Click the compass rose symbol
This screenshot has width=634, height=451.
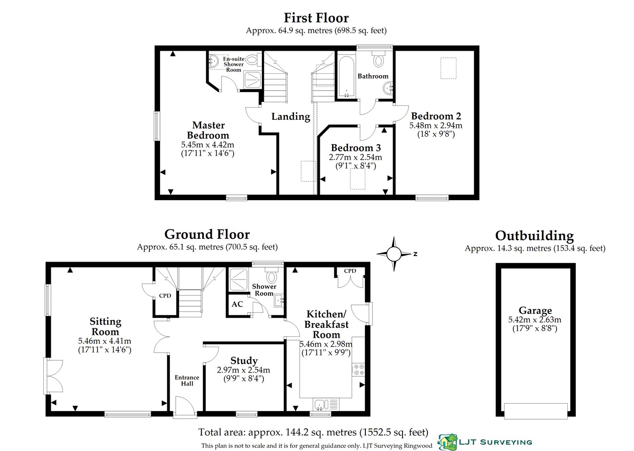[394, 254]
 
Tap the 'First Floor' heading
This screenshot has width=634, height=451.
[316, 18]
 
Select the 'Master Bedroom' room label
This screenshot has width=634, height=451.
[208, 130]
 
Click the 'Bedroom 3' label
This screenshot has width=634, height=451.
[356, 148]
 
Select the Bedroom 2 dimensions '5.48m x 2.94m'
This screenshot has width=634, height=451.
[435, 125]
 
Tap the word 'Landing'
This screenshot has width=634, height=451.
[291, 117]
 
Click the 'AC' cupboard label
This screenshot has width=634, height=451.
[237, 304]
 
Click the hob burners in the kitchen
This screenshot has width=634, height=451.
[358, 370]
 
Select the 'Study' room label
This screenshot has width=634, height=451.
[244, 360]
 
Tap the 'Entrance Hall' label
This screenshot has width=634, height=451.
[187, 381]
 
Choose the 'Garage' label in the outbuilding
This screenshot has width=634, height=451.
[535, 311]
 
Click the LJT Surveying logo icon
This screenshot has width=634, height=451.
[447, 442]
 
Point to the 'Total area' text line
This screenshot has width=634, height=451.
[313, 432]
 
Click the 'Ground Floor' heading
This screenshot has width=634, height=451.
[207, 234]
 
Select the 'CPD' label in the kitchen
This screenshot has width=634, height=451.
[350, 271]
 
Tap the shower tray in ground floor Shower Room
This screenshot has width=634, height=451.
[241, 280]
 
